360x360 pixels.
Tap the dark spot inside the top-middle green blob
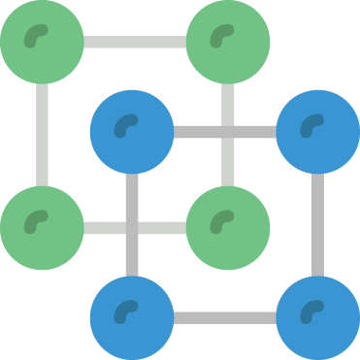point(222,35)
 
